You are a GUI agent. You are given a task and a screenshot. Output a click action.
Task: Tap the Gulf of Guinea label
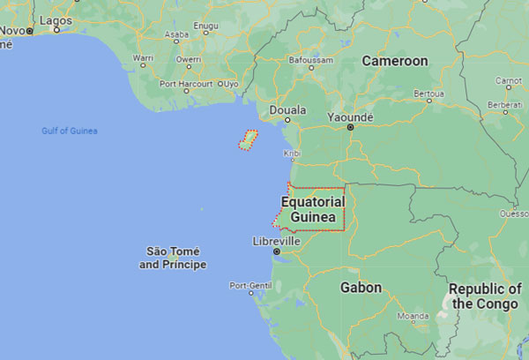70,131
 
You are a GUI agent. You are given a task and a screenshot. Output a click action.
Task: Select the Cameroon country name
395,61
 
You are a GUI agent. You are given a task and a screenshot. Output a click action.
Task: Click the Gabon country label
361,288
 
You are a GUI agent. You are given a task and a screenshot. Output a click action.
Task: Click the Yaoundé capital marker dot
350,127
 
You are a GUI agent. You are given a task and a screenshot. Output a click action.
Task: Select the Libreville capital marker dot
276,251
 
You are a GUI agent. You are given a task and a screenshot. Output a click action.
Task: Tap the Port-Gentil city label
250,285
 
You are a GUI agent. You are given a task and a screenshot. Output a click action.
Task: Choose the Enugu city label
205,27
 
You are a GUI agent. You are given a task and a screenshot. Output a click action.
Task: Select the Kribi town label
291,154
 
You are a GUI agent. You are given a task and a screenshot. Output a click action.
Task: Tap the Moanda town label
413,315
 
